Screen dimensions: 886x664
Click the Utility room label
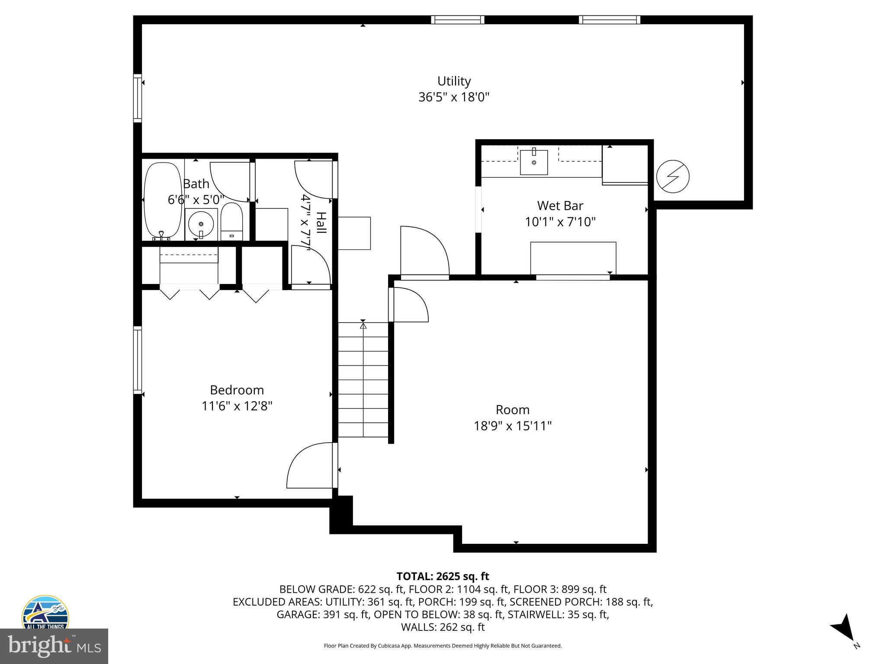pyautogui.click(x=454, y=81)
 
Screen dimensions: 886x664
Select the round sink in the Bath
pyautogui.click(x=201, y=224)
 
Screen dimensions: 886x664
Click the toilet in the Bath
pyautogui.click(x=232, y=222)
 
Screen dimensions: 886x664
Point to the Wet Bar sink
pyautogui.click(x=534, y=162)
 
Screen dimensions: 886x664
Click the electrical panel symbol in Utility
pyautogui.click(x=673, y=176)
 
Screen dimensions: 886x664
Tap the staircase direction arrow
pyautogui.click(x=363, y=325)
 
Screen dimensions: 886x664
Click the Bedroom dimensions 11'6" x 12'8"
pyautogui.click(x=237, y=406)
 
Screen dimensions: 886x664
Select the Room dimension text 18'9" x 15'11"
pyautogui.click(x=513, y=426)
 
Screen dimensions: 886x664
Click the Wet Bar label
pyautogui.click(x=560, y=205)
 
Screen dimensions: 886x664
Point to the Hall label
pyautogui.click(x=321, y=223)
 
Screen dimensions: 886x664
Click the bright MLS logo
pyautogui.click(x=54, y=646)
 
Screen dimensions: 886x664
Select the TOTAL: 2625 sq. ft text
pyautogui.click(x=443, y=576)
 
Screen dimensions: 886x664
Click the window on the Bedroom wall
pyautogui.click(x=138, y=360)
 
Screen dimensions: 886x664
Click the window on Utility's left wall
pyautogui.click(x=138, y=98)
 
